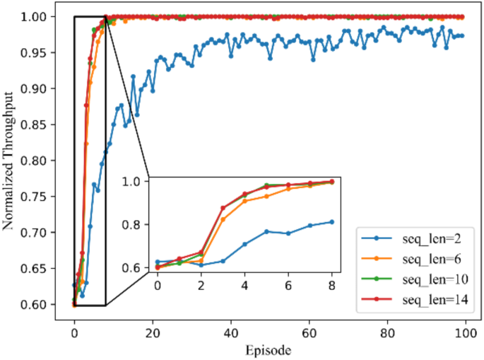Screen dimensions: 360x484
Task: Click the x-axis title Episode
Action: pos(268,349)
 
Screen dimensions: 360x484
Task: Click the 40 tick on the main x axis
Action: pos(230,330)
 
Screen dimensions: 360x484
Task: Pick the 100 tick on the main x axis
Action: pos(464,330)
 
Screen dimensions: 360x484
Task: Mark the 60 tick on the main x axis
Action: pos(308,330)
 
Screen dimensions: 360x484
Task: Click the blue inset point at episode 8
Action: pos(331,221)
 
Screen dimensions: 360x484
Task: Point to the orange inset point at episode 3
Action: pos(223,219)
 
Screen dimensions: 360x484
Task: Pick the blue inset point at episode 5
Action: pos(266,231)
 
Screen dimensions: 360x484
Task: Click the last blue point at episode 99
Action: pos(461,35)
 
